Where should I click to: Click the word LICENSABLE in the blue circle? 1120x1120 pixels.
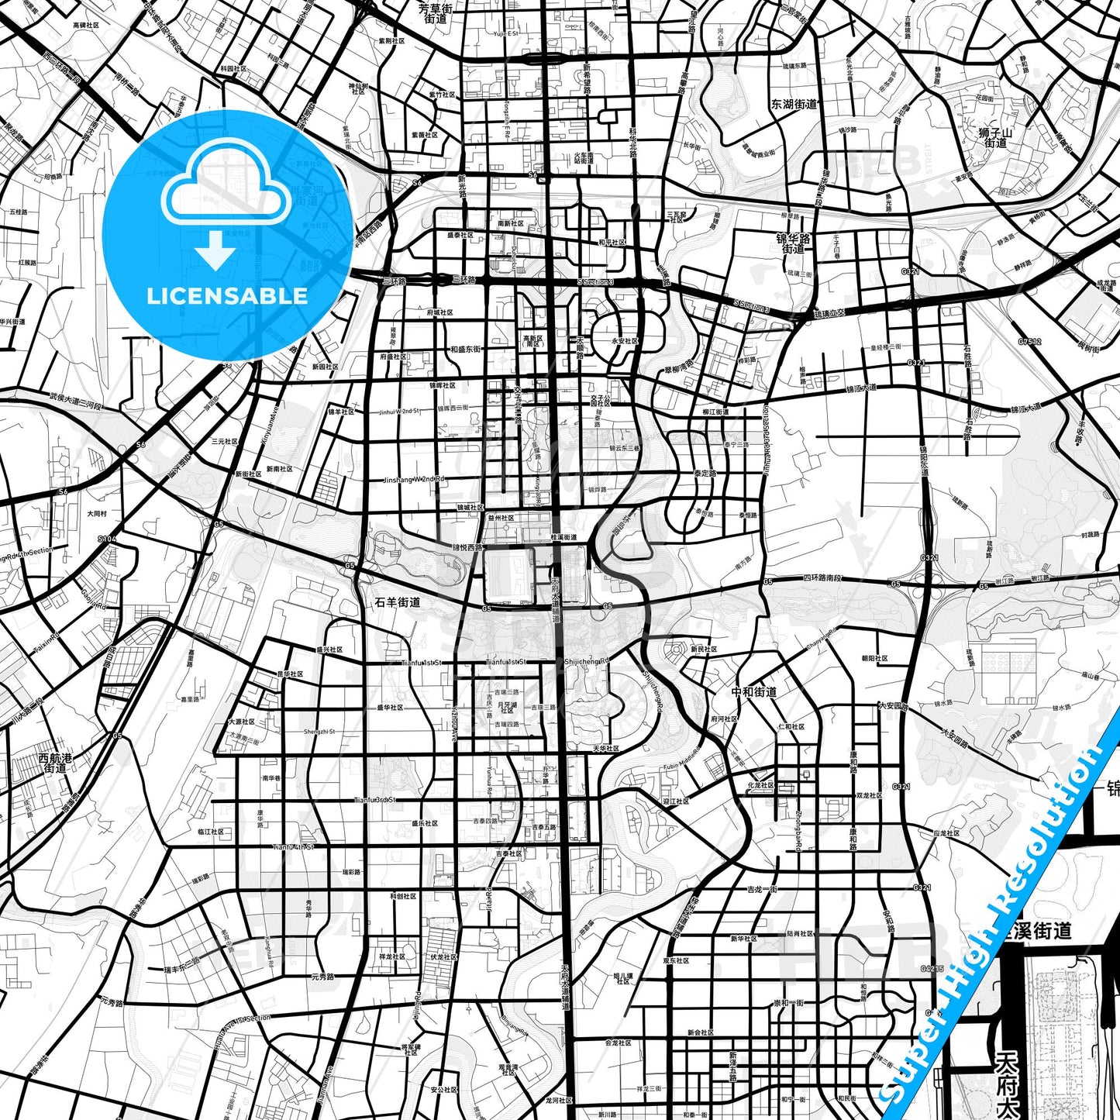pyautogui.click(x=227, y=296)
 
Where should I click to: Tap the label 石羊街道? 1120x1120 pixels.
pyautogui.click(x=398, y=601)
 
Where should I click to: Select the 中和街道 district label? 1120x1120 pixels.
pyautogui.click(x=754, y=691)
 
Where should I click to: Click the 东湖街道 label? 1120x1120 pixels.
pyautogui.click(x=794, y=104)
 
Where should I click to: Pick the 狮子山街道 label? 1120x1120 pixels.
pyautogui.click(x=996, y=137)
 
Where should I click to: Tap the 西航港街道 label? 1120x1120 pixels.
pyautogui.click(x=55, y=763)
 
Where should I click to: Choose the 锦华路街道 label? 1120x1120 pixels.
pyautogui.click(x=793, y=244)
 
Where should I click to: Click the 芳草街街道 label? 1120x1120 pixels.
pyautogui.click(x=436, y=13)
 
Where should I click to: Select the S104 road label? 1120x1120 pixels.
pyautogui.click(x=107, y=538)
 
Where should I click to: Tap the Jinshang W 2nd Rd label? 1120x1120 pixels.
pyautogui.click(x=414, y=479)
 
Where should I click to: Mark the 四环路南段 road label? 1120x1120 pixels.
pyautogui.click(x=822, y=577)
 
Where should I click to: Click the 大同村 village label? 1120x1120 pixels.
pyautogui.click(x=97, y=513)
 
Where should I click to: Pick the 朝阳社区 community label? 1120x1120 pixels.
pyautogui.click(x=874, y=658)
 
